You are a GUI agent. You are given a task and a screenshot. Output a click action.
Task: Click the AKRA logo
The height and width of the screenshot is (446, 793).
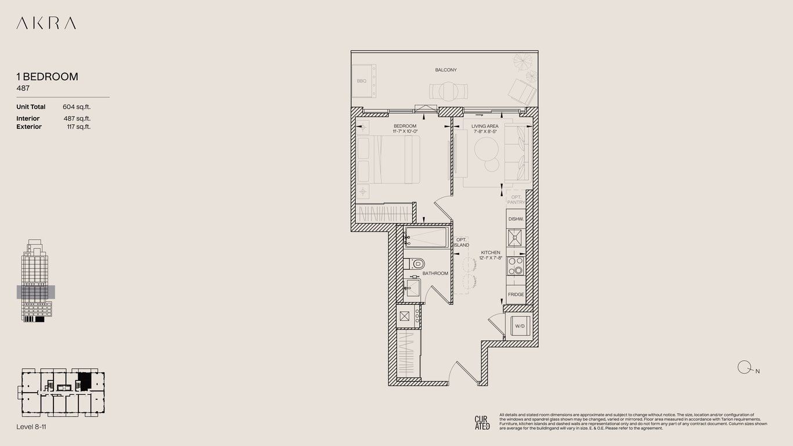[46, 23]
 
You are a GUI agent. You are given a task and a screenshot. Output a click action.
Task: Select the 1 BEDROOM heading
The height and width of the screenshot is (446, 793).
[47, 77]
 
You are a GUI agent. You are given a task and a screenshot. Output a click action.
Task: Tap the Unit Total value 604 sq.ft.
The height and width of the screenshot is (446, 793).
[77, 107]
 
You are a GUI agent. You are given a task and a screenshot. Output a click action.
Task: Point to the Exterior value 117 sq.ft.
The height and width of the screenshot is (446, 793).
[78, 127]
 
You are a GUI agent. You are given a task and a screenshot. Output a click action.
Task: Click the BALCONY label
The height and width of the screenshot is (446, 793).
[446, 70]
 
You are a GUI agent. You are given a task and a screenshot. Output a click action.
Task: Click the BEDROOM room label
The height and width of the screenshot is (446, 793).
[405, 127]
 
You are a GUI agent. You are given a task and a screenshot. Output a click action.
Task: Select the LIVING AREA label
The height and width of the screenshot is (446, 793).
[485, 127]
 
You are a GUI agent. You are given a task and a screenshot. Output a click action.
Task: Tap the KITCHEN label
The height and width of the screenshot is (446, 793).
[491, 253]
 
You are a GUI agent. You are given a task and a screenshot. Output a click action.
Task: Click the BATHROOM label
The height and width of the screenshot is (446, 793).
[435, 274]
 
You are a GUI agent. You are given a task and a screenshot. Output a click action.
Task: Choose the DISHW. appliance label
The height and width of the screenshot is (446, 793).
[516, 219]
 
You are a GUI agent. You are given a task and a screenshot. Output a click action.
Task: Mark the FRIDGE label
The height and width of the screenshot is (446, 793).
[516, 295]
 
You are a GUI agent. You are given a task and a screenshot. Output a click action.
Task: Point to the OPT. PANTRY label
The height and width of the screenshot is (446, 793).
[516, 199]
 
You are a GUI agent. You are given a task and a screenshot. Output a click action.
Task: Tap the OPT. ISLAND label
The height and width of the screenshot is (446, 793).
[462, 242]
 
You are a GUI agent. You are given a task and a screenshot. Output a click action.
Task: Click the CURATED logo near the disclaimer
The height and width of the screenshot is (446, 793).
[482, 422]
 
